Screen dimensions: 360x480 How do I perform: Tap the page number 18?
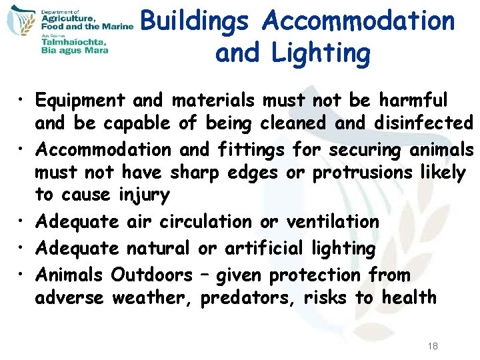click(x=433, y=346)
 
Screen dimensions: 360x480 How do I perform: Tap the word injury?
click(x=145, y=196)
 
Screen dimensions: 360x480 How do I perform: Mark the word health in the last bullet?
click(x=409, y=297)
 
